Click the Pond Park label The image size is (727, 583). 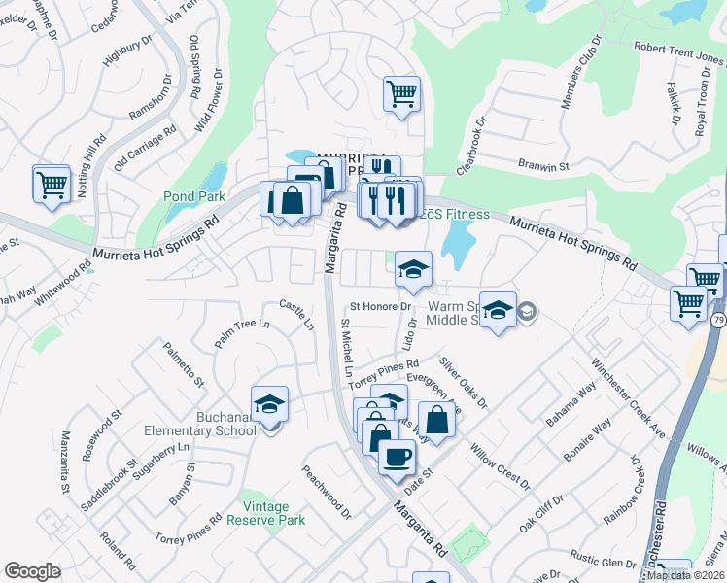pos(193,195)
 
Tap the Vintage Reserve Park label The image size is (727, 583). pos(266,513)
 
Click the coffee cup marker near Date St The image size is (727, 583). pos(396,456)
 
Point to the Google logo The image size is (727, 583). pos(32,571)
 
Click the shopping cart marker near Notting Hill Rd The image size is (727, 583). pos(52,184)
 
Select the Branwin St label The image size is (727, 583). pos(542,166)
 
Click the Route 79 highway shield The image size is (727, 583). pos(715,320)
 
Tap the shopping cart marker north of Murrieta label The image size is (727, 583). pos(401,94)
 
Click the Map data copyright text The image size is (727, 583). pos(684,575)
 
